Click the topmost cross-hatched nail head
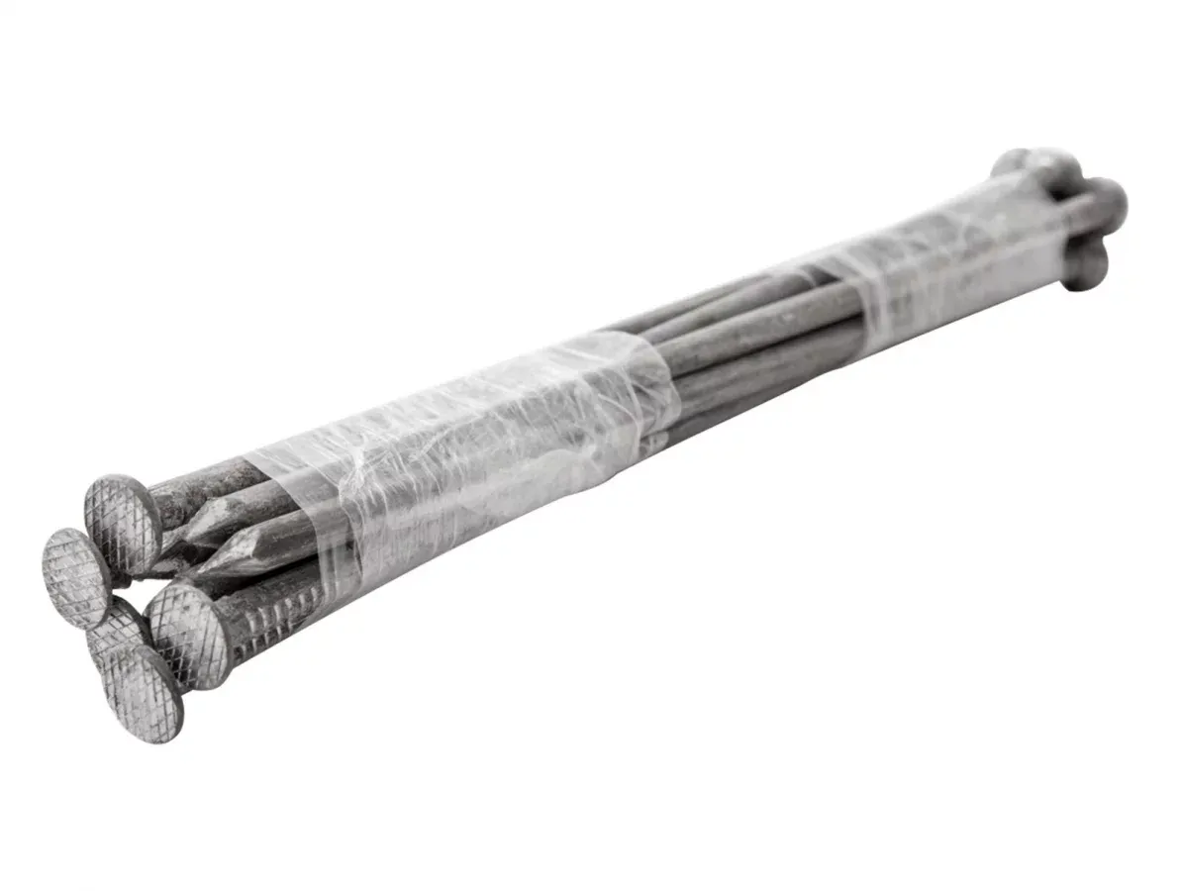click(x=123, y=525)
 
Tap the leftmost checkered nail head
click(x=75, y=577)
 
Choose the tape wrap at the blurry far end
click(x=950, y=257)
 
